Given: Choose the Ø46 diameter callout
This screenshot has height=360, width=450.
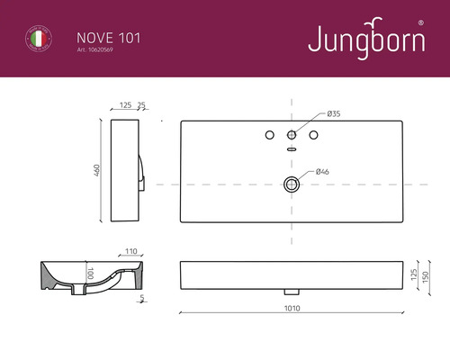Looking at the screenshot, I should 321,171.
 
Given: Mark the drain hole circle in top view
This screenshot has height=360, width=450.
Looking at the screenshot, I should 291,184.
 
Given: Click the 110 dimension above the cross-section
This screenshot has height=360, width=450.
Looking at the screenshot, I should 131,252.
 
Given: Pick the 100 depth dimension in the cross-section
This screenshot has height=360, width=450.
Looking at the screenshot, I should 90,273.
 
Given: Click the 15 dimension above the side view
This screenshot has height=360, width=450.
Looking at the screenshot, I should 141,105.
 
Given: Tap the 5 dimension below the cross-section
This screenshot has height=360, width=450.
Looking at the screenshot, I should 142,298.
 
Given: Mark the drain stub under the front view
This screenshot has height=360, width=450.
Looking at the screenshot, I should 291,292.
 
